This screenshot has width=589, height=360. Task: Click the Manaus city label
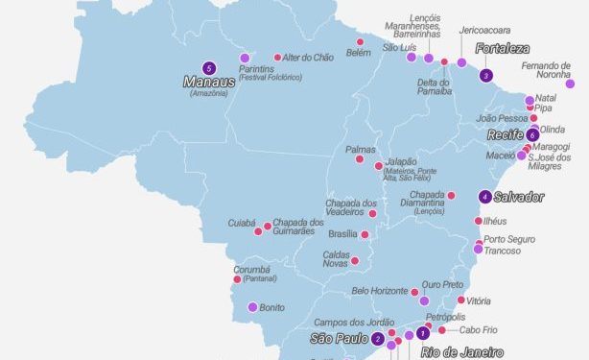209,83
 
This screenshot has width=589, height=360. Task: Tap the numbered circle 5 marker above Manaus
209,67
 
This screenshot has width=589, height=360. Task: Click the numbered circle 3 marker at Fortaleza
486,75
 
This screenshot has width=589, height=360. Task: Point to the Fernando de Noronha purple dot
571,84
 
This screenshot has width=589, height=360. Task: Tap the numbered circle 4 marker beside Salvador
485,197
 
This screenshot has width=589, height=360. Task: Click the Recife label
505,134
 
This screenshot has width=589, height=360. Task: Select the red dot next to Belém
361,42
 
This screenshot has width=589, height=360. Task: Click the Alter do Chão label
309,58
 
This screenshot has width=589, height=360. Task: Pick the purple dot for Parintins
245,58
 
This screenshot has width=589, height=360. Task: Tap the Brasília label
342,234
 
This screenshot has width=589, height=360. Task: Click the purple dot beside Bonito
252,307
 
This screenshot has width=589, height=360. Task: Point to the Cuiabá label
242,223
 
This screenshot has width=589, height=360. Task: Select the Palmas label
361,150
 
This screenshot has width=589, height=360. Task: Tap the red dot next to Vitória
460,300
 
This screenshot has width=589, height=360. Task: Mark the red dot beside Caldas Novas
355,260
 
